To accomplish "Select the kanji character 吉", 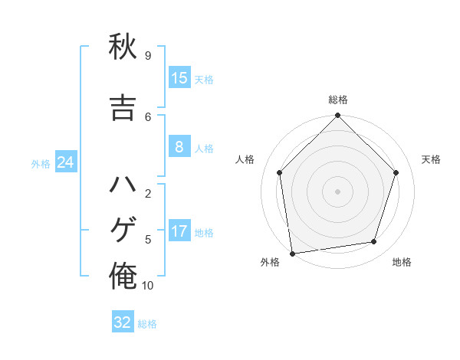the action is point(123,107).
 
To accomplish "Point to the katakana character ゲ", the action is point(123,231).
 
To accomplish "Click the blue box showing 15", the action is point(179,77).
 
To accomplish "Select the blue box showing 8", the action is point(179,147).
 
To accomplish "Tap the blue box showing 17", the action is point(179,231).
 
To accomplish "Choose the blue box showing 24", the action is point(66,162).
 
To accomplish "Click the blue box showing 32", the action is point(123,322).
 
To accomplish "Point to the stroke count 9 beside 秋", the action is point(147,55).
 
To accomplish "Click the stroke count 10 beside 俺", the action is point(148,286).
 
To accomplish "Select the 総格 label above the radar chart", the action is point(338,100).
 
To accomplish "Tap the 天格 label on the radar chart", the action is point(431,159).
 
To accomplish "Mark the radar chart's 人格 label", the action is point(245,159).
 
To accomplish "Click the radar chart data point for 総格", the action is point(338,116).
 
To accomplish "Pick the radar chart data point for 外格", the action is point(291,253).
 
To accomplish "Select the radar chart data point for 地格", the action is point(374,242).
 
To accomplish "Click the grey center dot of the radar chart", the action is point(338,191).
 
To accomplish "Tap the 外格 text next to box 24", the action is point(41,163).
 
